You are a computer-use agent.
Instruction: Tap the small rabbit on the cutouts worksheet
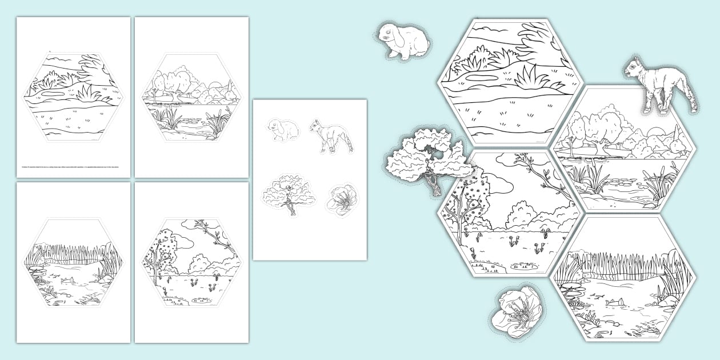283,130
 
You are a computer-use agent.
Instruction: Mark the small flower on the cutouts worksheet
341,201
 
